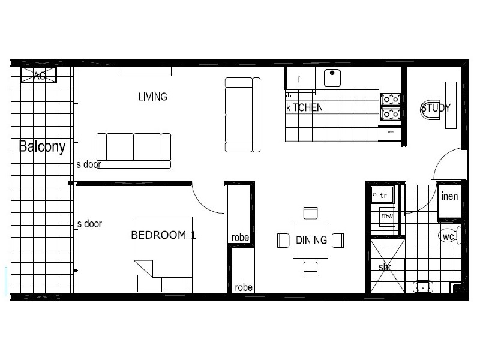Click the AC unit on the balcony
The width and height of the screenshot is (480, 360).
(39, 75)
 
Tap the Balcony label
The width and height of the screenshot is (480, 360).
(41, 146)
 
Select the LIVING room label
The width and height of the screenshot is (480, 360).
(152, 97)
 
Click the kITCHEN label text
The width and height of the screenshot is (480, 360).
(304, 108)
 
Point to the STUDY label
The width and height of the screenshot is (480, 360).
(436, 108)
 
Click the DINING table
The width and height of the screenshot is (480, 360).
(311, 240)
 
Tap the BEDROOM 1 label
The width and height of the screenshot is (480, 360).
(164, 235)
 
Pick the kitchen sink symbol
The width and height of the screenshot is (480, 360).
(332, 78)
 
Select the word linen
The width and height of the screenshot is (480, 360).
(449, 196)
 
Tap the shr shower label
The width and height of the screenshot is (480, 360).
(385, 266)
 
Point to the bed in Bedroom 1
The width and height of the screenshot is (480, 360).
(163, 255)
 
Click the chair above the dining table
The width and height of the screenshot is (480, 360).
(310, 214)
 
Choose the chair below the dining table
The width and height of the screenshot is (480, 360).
(310, 268)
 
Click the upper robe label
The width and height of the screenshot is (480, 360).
(240, 238)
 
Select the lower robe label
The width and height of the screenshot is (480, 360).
(244, 287)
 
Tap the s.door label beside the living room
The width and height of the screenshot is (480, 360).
(89, 164)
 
